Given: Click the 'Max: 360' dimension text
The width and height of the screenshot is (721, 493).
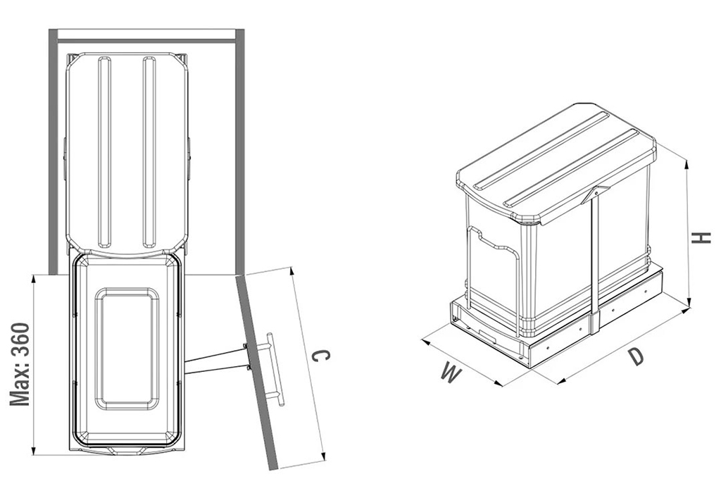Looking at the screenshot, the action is pos(20,364).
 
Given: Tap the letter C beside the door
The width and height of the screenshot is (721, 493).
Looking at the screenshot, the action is pos(320,356).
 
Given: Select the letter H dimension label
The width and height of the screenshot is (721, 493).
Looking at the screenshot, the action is pos(702,238).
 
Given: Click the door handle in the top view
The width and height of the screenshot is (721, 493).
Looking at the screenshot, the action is pos(274,369).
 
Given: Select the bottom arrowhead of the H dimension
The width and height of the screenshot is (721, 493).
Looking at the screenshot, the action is pos(689,302).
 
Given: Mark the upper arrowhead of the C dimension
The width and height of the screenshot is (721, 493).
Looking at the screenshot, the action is pos(291,273).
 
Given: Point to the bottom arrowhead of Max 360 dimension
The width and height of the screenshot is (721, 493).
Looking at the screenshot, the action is pos(33,449).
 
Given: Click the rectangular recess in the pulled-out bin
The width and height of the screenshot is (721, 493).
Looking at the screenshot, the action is pos(127,349).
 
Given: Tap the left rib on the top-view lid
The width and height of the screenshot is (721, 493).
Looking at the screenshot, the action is pos(104,152).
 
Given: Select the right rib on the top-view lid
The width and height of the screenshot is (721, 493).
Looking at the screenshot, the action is pos(149,152).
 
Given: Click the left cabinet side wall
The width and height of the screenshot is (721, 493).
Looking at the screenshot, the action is pos(54,151).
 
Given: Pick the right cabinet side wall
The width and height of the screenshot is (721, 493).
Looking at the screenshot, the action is pos(239,151).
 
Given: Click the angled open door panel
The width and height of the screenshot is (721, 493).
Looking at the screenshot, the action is pos(258,373).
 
